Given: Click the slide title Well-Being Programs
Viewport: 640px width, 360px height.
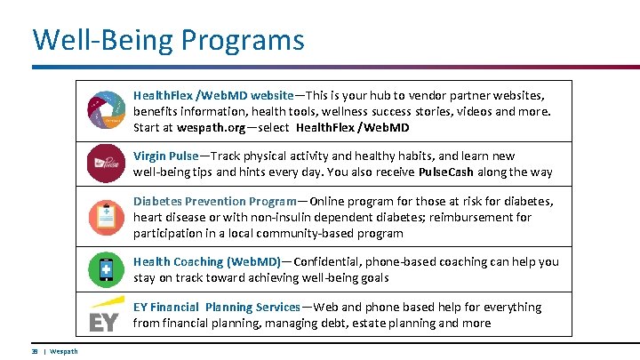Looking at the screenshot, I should pyautogui.click(x=168, y=40).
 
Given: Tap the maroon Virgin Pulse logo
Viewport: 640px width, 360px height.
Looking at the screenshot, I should pyautogui.click(x=105, y=164).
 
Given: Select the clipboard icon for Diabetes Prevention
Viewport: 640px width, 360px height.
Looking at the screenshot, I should pyautogui.click(x=105, y=217).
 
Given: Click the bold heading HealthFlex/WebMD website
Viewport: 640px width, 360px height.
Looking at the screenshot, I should pyautogui.click(x=213, y=95).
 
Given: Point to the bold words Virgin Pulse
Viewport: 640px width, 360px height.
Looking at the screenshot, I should pyautogui.click(x=165, y=156).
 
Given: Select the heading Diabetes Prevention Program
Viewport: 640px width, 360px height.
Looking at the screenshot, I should pyautogui.click(x=213, y=201).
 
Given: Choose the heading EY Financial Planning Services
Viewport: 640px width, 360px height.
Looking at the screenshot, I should pyautogui.click(x=217, y=307).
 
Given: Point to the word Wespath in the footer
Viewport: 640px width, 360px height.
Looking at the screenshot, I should pyautogui.click(x=64, y=352).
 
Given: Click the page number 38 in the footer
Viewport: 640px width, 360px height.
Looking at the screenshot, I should pyautogui.click(x=34, y=352).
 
